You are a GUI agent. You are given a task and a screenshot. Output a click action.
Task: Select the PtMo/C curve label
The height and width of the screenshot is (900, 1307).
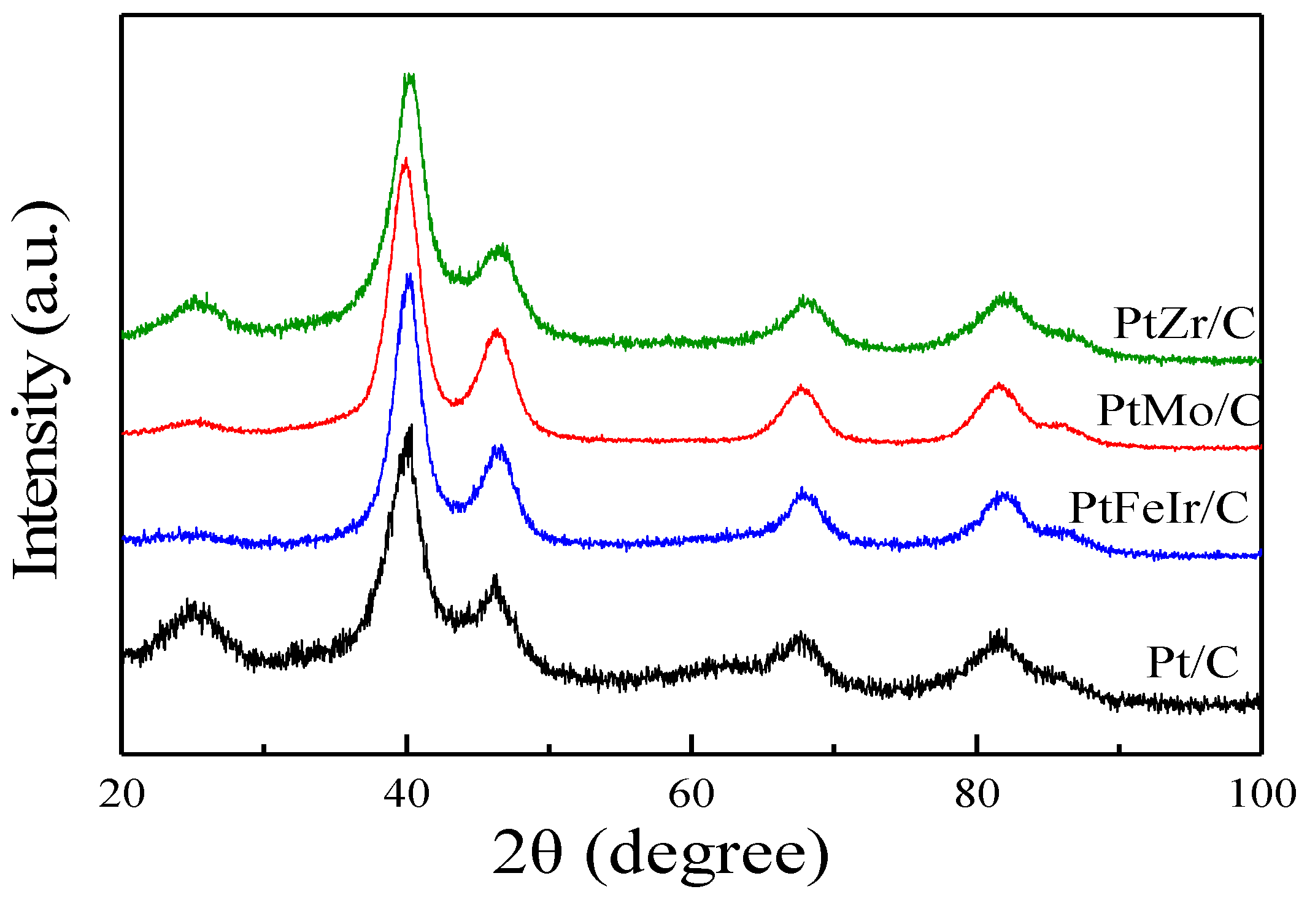(x=1178, y=410)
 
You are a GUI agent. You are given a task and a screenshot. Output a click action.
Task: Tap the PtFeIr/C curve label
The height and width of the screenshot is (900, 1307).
(x=1159, y=508)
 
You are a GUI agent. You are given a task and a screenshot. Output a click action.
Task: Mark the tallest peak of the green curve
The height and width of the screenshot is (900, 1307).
(x=409, y=76)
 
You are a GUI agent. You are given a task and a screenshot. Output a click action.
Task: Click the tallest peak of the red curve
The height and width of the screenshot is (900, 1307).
(x=405, y=161)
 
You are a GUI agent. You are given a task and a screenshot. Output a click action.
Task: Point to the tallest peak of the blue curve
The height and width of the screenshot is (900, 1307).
(x=409, y=276)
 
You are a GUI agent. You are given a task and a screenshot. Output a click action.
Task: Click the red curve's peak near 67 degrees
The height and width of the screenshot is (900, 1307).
(x=801, y=387)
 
